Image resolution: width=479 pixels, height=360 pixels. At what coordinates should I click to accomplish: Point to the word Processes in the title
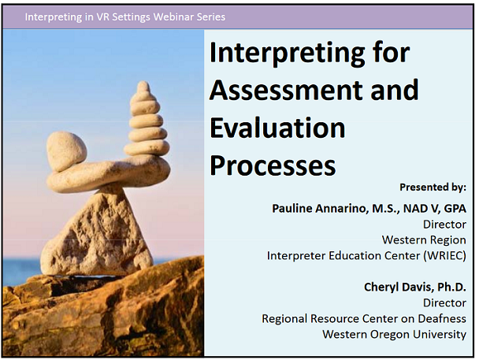tap(272, 164)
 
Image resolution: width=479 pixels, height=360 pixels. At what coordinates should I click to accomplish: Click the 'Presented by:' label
tap(433, 187)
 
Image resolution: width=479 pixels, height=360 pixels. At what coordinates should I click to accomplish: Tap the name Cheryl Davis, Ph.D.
tap(414, 286)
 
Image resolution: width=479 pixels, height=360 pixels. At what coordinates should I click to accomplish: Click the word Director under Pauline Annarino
tap(444, 224)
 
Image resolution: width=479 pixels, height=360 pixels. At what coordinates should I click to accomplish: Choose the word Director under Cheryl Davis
tap(444, 302)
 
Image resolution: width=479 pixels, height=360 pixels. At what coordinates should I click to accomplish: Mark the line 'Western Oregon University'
tap(394, 334)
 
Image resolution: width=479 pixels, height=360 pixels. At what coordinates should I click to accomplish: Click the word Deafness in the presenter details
tap(441, 318)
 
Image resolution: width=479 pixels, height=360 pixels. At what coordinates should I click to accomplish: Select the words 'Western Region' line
tap(424, 239)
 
